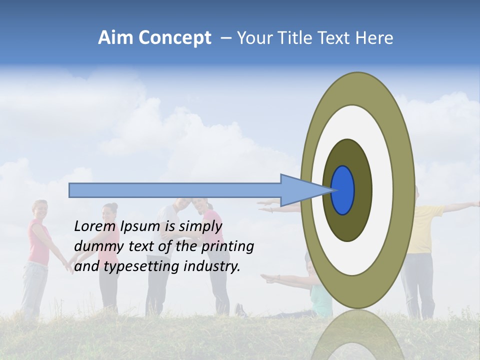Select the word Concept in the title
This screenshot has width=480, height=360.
point(175,38)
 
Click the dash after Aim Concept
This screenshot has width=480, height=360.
point(225,38)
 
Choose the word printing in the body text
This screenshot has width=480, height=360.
point(227,246)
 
